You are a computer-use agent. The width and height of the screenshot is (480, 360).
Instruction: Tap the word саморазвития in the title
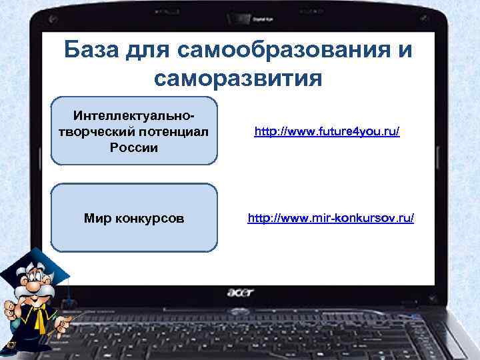coord(238,79)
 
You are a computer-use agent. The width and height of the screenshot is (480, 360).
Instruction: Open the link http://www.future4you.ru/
coord(327,133)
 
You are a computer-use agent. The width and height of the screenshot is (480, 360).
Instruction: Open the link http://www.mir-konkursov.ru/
coord(331,218)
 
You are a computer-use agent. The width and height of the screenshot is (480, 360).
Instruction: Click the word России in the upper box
coord(134,147)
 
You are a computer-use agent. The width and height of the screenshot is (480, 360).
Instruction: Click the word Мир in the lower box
coord(98,218)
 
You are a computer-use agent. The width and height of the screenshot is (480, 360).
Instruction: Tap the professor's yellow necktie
coord(39,323)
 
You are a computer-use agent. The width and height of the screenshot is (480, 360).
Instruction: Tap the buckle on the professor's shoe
coord(11,345)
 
